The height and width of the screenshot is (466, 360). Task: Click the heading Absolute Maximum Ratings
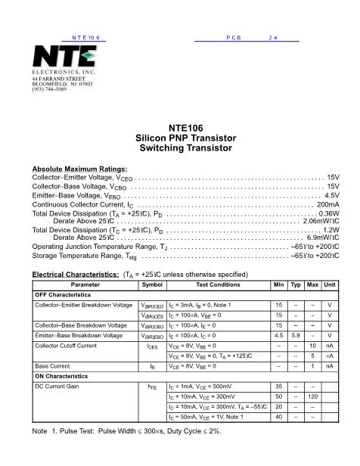point(79,169)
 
